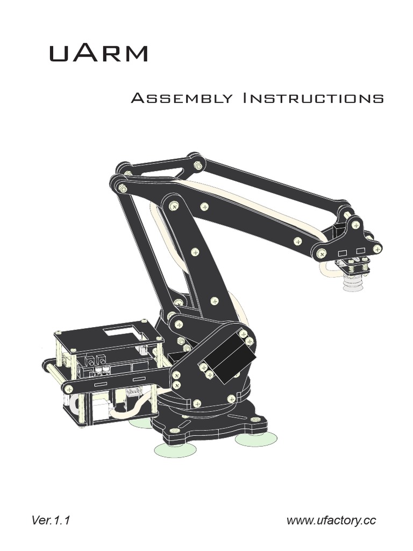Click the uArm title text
pyautogui.click(x=98, y=53)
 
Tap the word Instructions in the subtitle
pyautogui.click(x=314, y=98)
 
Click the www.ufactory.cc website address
pyautogui.click(x=331, y=520)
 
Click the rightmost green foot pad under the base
pyautogui.click(x=256, y=439)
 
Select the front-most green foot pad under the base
pyautogui.click(x=175, y=449)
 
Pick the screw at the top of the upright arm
pyautogui.click(x=173, y=206)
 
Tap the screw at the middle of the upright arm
pyautogui.click(x=195, y=251)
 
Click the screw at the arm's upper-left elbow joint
pyautogui.click(x=123, y=188)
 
